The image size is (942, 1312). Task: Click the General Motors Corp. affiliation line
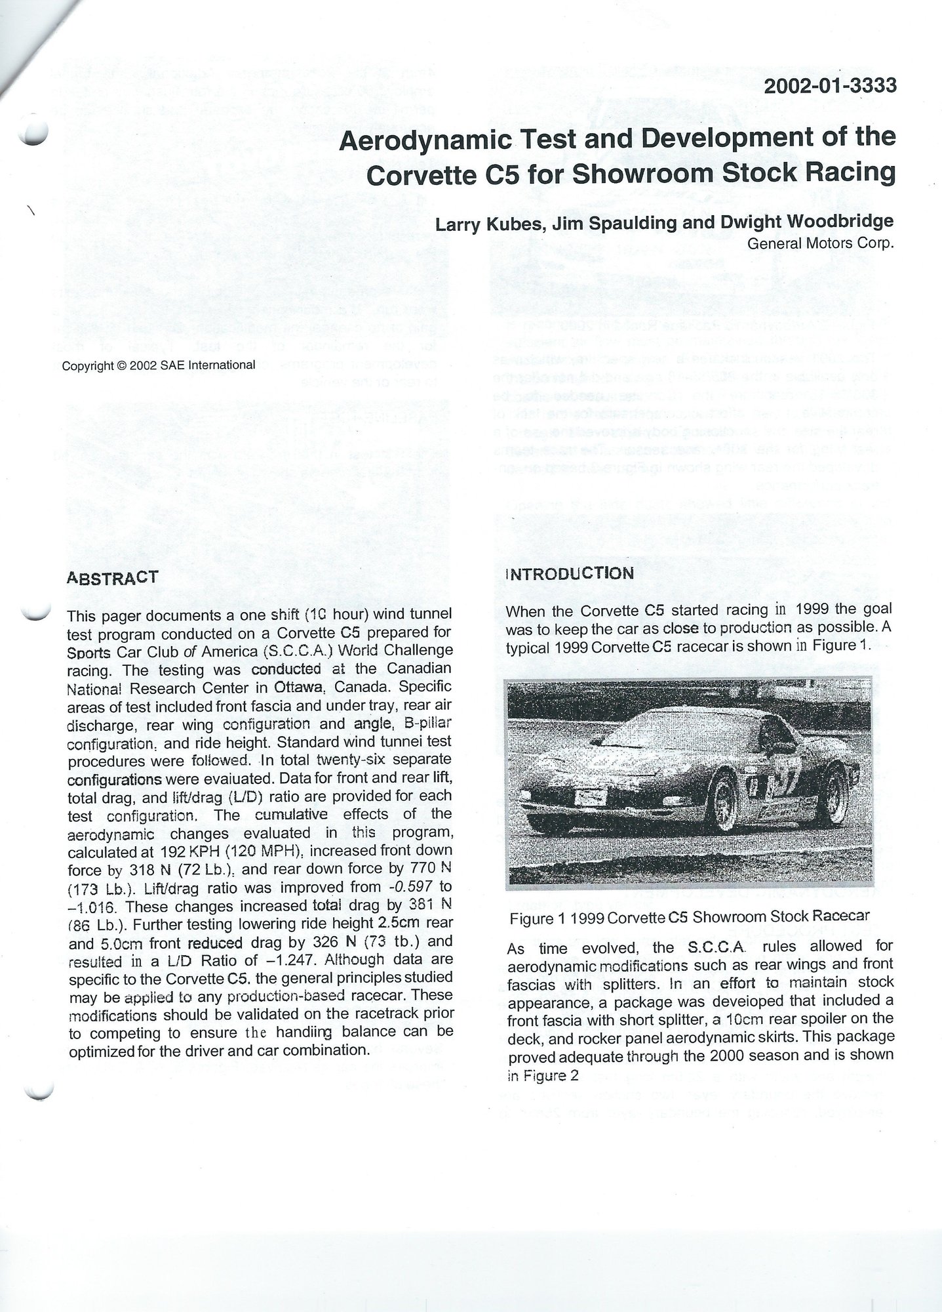[x=821, y=243]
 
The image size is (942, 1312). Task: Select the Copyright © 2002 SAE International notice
[x=158, y=365]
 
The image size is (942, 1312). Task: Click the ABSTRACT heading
[x=112, y=577]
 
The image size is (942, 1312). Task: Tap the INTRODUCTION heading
[x=570, y=573]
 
